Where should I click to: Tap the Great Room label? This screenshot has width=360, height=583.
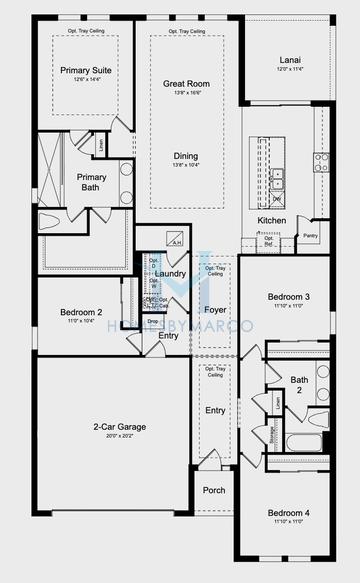(x=186, y=84)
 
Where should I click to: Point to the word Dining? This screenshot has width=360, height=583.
(x=186, y=156)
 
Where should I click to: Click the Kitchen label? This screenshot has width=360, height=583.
(x=272, y=220)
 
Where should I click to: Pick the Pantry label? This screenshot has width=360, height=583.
(x=310, y=236)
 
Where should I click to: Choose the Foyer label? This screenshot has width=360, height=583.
(x=216, y=309)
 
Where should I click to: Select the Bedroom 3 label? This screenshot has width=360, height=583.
(x=288, y=298)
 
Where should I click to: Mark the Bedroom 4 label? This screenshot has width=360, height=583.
(x=288, y=512)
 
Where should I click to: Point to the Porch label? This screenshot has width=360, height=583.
(x=214, y=490)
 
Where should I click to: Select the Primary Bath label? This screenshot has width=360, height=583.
(x=91, y=182)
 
